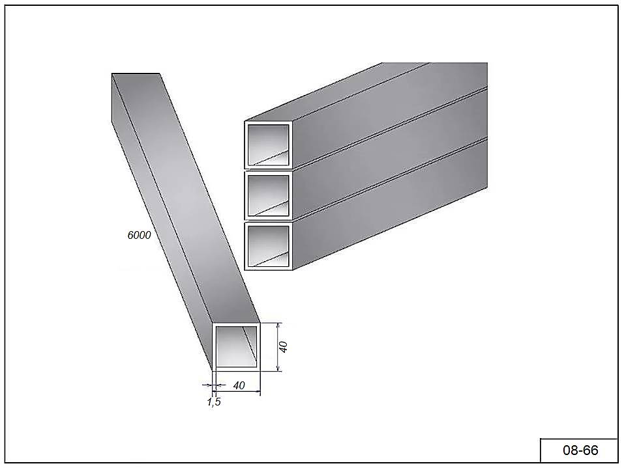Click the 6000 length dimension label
(x=140, y=235)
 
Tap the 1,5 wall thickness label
(x=214, y=402)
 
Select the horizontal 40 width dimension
(x=239, y=385)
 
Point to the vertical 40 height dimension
(x=284, y=347)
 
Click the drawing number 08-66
(x=580, y=450)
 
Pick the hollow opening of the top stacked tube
(x=268, y=145)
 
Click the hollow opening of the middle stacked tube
(x=268, y=195)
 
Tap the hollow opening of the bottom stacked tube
(x=268, y=246)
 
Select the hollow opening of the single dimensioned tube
(x=237, y=346)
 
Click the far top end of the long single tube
(x=136, y=74)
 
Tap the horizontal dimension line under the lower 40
(x=237, y=391)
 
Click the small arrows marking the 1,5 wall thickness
(x=214, y=385)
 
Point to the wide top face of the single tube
(x=186, y=198)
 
